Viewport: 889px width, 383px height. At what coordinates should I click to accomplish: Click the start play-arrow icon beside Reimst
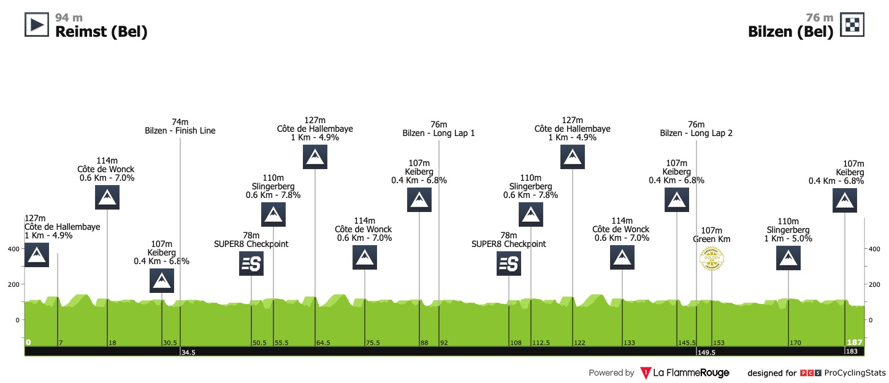coord(36,25)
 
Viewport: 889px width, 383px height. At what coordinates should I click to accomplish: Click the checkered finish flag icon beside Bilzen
coord(852,25)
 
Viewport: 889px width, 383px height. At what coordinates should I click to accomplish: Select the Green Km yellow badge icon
coord(712,258)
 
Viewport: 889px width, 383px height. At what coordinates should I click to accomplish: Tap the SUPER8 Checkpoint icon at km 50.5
coord(251,264)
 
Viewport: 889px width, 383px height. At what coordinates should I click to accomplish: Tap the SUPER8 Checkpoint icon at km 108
coord(509,264)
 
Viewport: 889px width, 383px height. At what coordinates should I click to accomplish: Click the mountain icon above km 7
coord(37,255)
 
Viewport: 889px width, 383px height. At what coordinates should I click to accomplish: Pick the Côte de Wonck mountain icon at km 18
coord(107,197)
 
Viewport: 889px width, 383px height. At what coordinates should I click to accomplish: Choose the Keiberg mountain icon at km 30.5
coord(162,281)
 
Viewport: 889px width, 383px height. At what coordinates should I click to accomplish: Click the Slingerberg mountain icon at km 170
coord(788,258)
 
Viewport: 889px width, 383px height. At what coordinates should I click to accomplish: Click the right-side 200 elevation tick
coord(873,284)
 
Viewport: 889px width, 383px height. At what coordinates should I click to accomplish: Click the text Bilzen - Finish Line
coord(180,131)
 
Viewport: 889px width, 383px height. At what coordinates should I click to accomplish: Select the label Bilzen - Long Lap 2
coord(696,133)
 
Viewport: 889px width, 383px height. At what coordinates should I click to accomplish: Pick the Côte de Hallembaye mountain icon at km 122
coord(573,157)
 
